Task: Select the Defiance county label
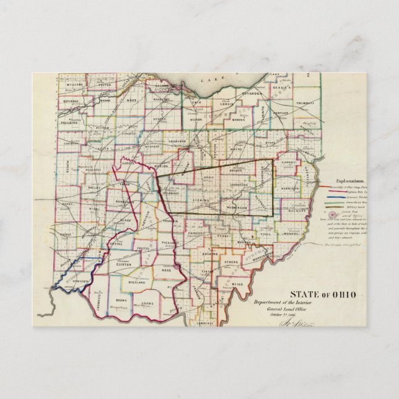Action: coord(71,100)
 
